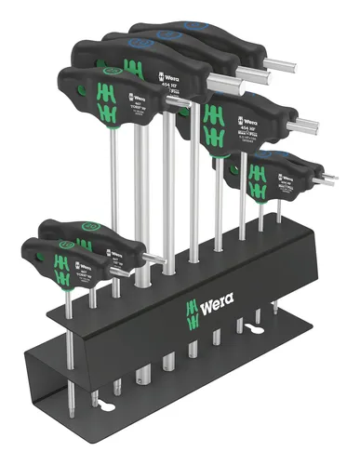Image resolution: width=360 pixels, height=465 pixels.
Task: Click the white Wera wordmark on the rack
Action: [x=211, y=304]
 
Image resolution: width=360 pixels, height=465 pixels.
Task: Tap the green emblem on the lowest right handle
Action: [x=260, y=168]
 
